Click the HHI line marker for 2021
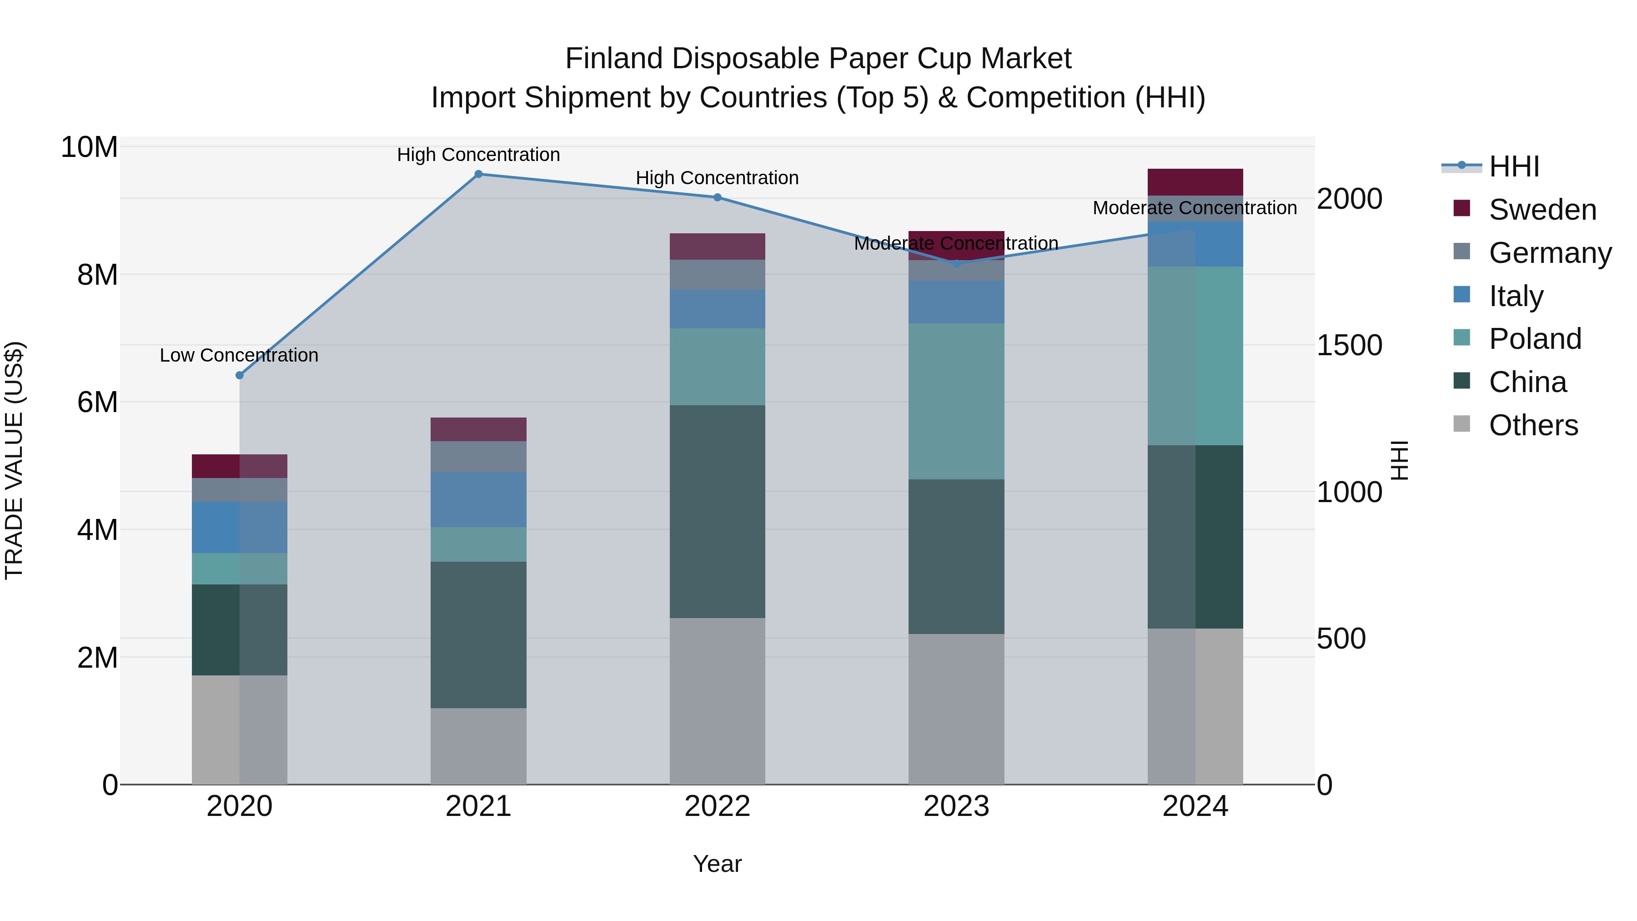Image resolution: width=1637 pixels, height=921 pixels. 478,174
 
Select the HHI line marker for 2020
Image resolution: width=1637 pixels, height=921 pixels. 240,376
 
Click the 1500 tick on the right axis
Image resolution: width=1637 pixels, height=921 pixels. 1349,346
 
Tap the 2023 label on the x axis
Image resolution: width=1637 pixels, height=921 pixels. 956,806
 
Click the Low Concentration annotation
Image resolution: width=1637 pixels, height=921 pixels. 239,355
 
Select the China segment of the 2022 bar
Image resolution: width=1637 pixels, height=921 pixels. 718,512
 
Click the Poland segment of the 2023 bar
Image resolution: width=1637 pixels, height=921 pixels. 956,401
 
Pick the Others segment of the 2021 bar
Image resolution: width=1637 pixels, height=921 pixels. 478,746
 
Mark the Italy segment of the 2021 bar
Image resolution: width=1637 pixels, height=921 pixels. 478,499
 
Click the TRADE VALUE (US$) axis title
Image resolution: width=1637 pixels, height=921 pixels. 14,460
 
